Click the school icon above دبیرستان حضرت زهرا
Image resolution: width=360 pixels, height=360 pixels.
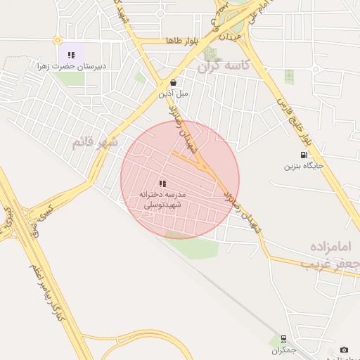[x=71, y=54]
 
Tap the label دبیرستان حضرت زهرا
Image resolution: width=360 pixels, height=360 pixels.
[x=72, y=66]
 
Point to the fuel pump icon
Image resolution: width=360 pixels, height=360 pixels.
[x=303, y=155]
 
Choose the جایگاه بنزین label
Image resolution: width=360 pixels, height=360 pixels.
[x=303, y=166]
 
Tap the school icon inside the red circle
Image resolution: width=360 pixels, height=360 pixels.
[x=162, y=183]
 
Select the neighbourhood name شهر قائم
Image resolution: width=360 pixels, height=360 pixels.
[x=96, y=143]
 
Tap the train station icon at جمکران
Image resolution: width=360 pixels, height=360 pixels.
[x=283, y=338]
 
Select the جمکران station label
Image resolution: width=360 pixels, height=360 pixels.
[x=283, y=349]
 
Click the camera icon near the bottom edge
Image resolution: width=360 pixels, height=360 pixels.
[x=344, y=349]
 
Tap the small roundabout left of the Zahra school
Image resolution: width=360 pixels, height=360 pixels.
[x=58, y=40]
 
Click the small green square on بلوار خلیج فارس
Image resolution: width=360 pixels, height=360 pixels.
[x=289, y=76]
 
